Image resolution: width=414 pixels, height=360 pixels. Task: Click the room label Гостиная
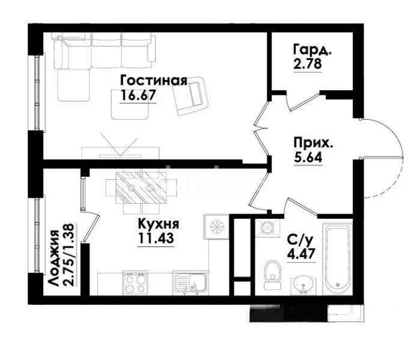click(x=153, y=81)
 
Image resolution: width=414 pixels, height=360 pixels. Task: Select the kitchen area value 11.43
click(x=154, y=238)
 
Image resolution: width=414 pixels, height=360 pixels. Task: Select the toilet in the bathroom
click(x=273, y=273)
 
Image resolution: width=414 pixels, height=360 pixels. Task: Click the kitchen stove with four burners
click(x=135, y=282)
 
